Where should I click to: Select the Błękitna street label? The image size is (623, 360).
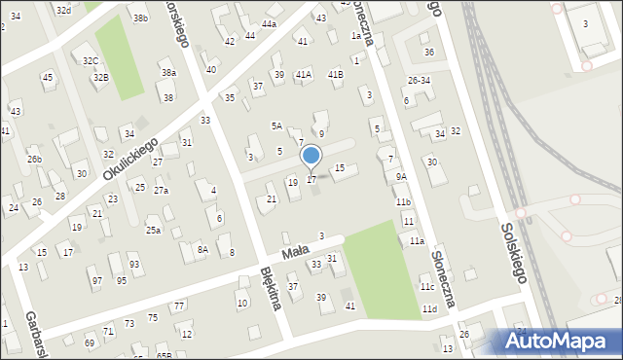tap(271, 289)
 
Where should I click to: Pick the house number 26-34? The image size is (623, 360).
tap(419, 80)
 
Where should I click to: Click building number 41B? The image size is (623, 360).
tap(335, 74)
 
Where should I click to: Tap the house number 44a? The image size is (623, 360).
tap(269, 23)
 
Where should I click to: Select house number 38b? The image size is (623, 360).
tap(141, 18)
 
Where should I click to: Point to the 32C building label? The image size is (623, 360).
tap(91, 60)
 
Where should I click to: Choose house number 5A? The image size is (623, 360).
tap(276, 126)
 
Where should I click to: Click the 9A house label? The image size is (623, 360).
tap(401, 177)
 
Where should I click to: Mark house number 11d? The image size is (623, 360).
tap(429, 308)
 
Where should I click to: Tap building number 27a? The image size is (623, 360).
tap(161, 190)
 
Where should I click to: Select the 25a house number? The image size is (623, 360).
tap(153, 230)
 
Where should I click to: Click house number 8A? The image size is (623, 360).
tap(202, 249)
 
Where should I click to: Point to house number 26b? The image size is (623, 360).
tap(34, 159)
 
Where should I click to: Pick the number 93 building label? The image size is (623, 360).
tap(134, 265)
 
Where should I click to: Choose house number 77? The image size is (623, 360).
tap(179, 306)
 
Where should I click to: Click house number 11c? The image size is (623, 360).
tap(426, 287)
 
